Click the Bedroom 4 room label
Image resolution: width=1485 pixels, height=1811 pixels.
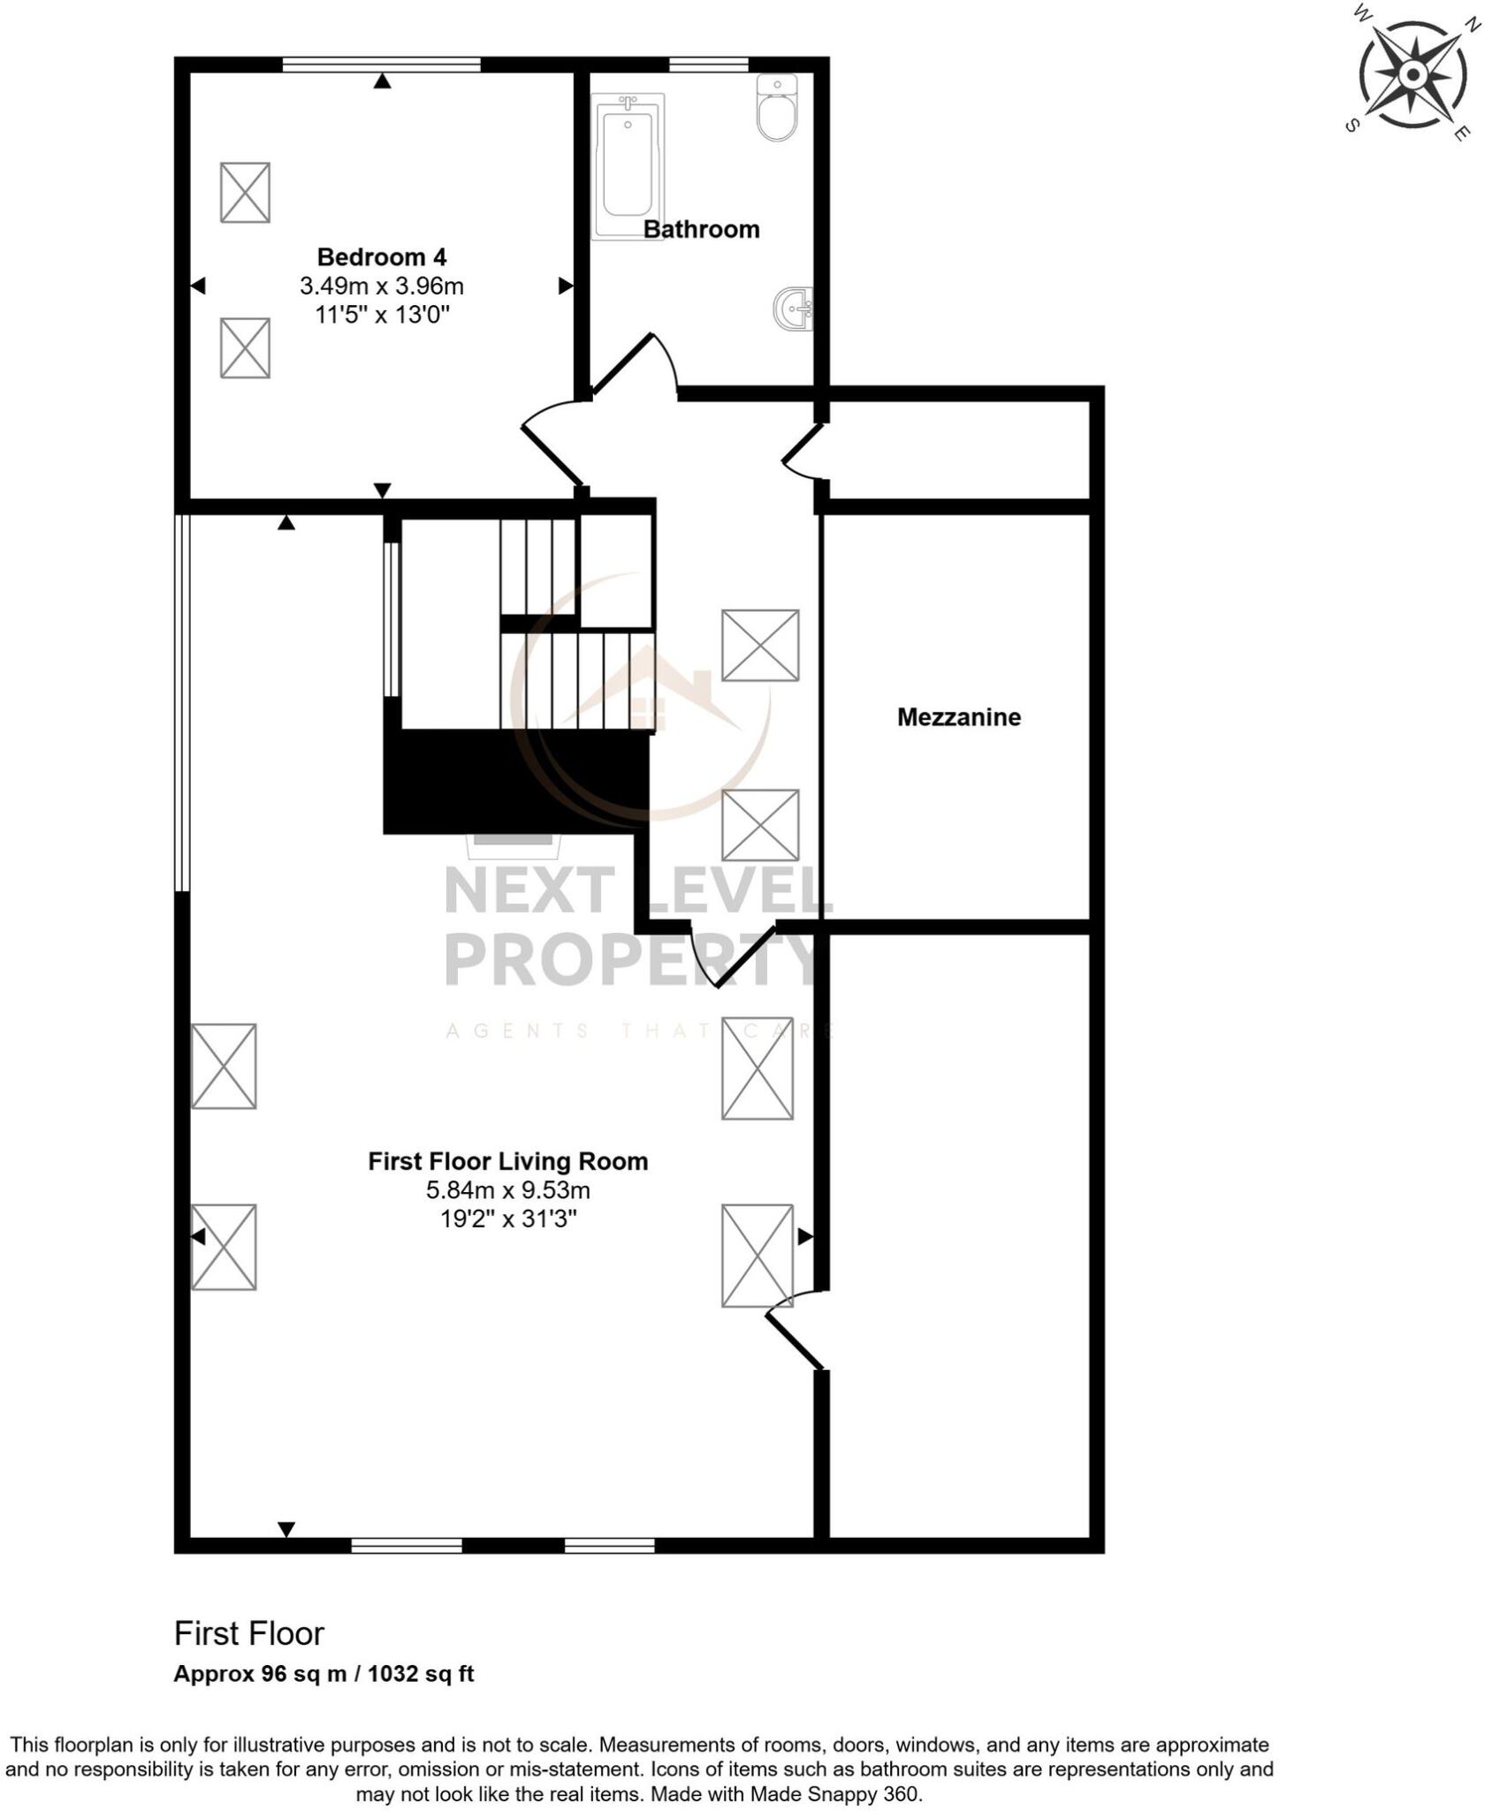(382, 257)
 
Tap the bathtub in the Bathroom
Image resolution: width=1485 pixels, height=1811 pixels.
(628, 168)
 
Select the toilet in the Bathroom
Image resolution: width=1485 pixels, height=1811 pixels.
(777, 108)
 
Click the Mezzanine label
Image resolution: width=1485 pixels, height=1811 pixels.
(958, 717)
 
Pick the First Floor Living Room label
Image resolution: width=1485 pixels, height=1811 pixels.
(507, 1161)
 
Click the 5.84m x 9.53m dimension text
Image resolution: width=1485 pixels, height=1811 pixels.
(507, 1190)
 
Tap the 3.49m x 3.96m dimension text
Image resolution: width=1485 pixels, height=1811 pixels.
(382, 287)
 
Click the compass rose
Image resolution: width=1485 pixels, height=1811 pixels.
(1411, 73)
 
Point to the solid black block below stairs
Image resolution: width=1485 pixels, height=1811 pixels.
(513, 782)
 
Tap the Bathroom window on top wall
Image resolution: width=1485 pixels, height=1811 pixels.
(709, 64)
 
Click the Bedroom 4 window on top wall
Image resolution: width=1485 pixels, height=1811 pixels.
(381, 64)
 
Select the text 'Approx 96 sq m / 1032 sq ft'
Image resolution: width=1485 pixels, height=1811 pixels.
(324, 1674)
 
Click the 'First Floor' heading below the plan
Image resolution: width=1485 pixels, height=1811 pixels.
(249, 1633)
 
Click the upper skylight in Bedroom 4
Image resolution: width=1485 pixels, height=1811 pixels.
(245, 192)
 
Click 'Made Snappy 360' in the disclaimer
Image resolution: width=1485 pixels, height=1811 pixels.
(834, 1794)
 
